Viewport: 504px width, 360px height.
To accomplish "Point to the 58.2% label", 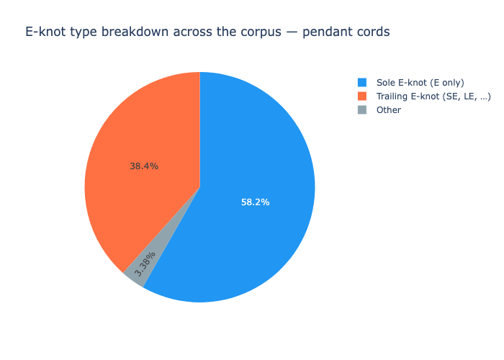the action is coord(255,202).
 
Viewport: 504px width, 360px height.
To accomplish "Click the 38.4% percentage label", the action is coord(144,166).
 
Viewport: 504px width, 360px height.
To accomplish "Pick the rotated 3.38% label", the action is coord(145,264).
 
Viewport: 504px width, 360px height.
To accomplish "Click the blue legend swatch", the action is coord(362,83).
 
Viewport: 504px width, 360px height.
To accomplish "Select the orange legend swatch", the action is coord(362,96).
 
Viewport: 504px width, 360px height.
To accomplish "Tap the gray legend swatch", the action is coord(362,110).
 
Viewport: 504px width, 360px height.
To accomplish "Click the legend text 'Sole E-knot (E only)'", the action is coord(420,83).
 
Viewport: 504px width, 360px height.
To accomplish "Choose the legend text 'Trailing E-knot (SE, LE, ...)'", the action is coord(433,96).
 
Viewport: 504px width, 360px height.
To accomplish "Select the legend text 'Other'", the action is coord(389,110).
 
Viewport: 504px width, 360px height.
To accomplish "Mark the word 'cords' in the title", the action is coord(370,32).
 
